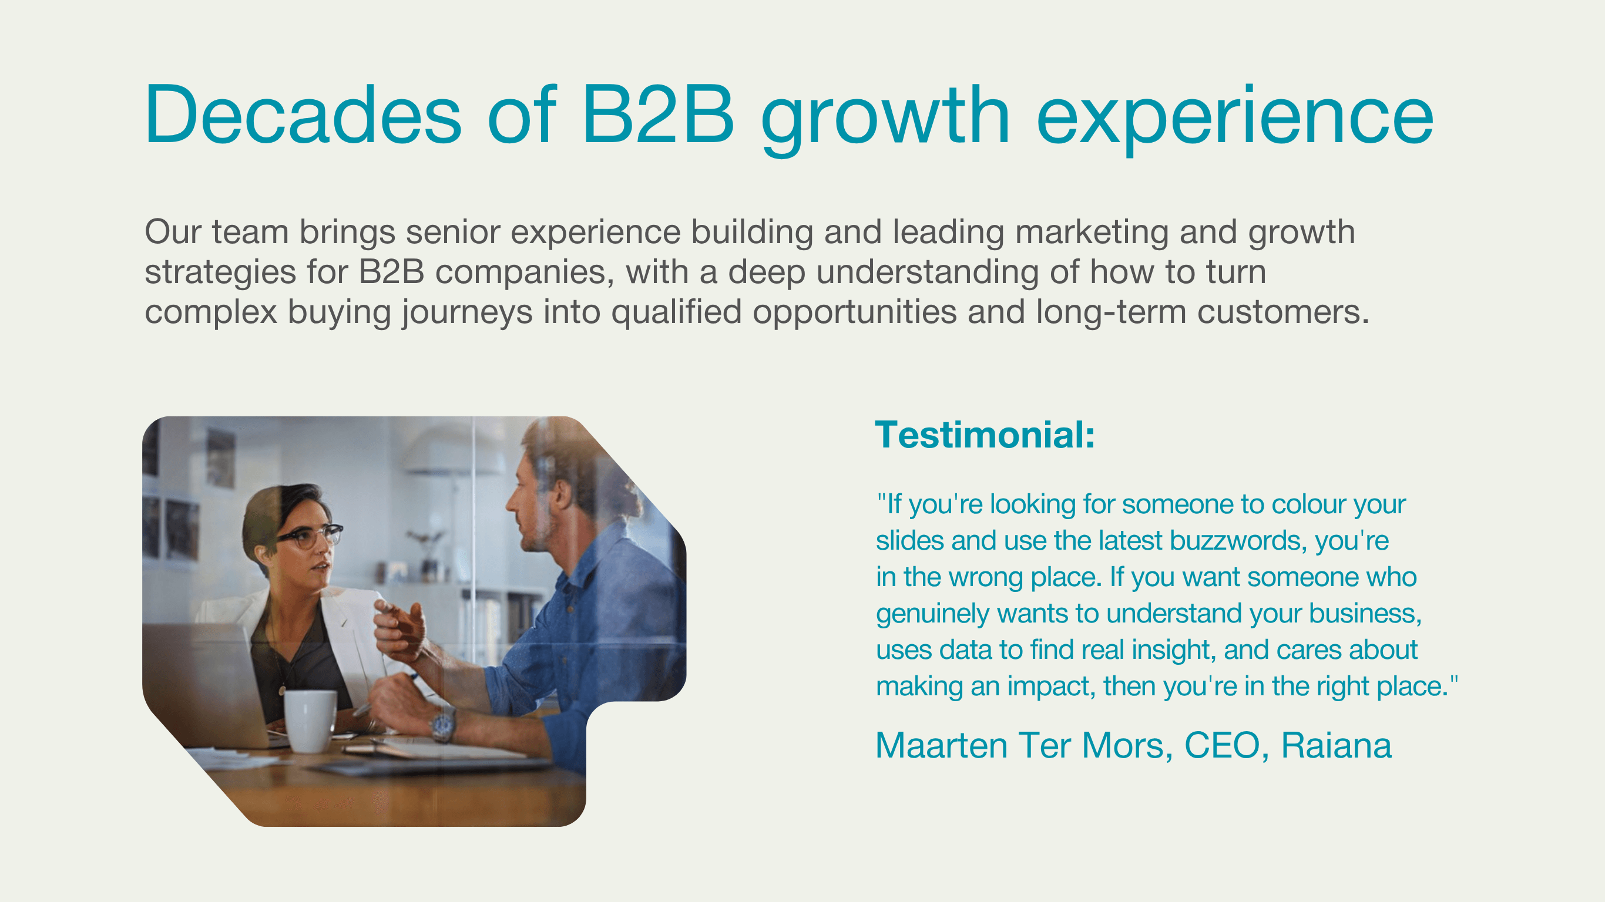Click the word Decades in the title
[303, 115]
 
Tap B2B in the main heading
[658, 115]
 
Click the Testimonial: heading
[985, 435]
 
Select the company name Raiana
[1336, 745]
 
